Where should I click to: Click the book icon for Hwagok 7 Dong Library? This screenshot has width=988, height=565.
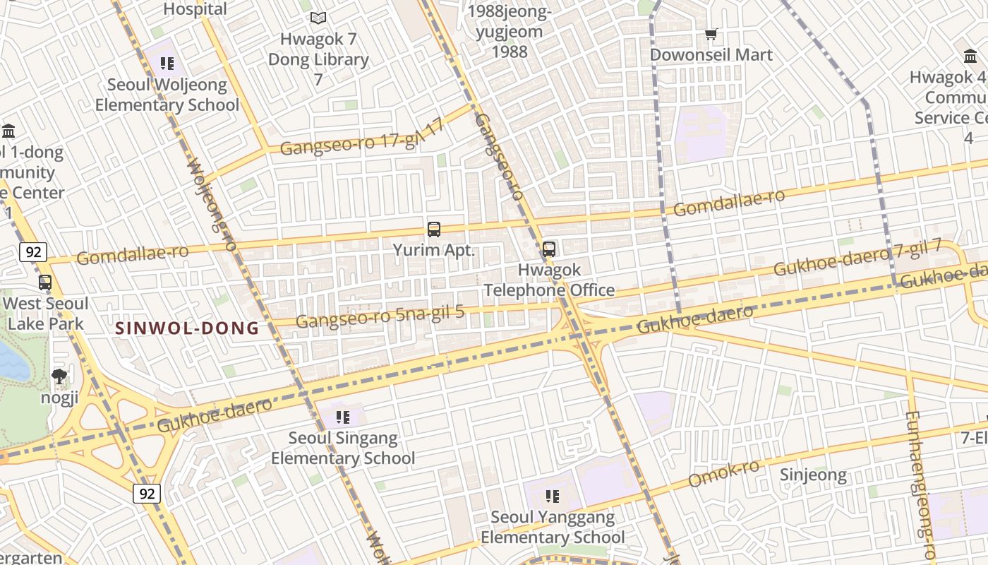[318, 18]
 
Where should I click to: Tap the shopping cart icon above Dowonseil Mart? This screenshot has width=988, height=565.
[711, 34]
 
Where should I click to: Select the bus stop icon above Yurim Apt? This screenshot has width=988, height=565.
[434, 230]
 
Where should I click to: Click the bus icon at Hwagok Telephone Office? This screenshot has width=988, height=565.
[549, 249]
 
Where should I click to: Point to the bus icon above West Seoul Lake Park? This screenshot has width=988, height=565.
[45, 282]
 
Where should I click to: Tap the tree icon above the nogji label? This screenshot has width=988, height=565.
[59, 376]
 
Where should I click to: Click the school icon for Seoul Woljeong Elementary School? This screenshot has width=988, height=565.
[167, 64]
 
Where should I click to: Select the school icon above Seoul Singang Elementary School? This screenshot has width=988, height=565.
[343, 417]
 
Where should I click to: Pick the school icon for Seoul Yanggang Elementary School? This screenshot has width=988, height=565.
[553, 496]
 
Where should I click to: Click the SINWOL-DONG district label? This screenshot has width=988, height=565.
[187, 328]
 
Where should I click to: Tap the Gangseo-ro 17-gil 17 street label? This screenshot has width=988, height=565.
[362, 138]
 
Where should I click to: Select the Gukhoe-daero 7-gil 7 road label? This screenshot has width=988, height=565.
[857, 258]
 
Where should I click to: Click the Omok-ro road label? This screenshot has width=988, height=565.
[723, 474]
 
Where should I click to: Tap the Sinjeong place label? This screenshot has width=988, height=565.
[813, 475]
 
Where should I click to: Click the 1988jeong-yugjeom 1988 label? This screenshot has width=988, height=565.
[510, 32]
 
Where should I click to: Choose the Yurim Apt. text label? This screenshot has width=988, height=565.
[434, 250]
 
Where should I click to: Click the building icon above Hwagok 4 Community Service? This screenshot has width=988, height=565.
[970, 56]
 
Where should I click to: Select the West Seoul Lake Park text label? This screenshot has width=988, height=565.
[46, 314]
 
